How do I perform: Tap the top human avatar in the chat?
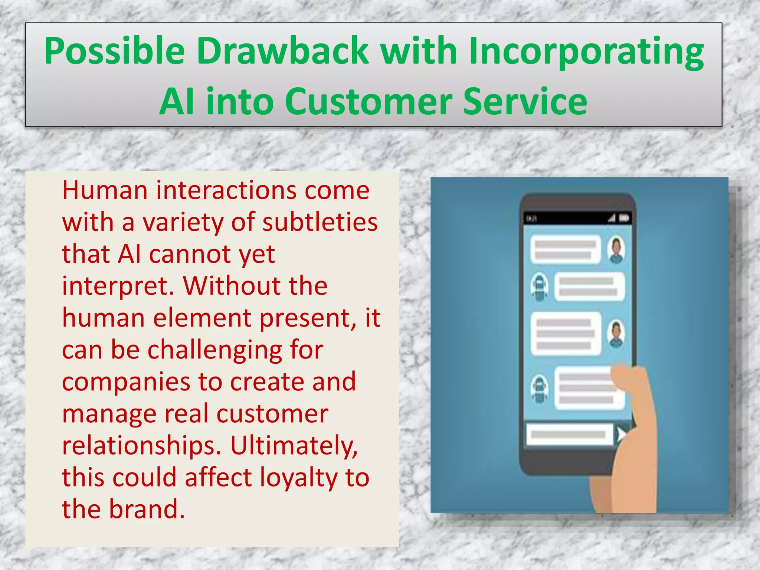tap(616, 249)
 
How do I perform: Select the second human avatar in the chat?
tap(616, 333)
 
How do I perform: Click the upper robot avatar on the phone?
tap(539, 286)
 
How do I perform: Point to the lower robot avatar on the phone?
tap(539, 388)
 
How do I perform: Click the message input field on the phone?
tap(569, 434)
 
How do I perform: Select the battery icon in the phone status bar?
tap(624, 218)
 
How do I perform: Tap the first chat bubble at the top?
tap(565, 249)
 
